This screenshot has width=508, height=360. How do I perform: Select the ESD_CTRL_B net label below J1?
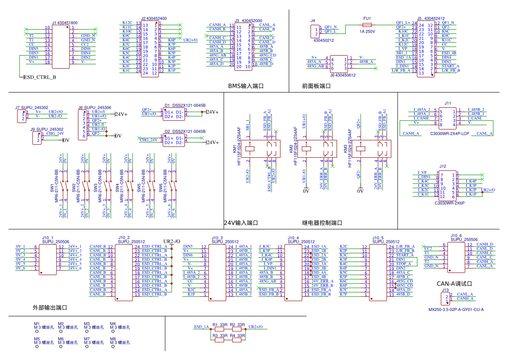[40, 77]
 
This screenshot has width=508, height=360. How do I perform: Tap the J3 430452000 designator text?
[248, 20]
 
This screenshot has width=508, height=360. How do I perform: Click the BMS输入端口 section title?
[246, 86]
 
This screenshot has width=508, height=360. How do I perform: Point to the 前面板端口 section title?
[316, 86]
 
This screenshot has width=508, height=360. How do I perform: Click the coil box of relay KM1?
[251, 148]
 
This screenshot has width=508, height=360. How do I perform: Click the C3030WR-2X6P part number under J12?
[449, 203]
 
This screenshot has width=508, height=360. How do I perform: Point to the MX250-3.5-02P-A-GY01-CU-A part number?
[456, 310]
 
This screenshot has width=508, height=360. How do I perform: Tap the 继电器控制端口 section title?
[322, 223]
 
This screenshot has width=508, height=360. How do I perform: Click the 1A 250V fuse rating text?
[367, 32]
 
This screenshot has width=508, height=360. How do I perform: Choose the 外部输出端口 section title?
[50, 307]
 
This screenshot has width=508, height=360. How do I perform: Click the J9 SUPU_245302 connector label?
[47, 129]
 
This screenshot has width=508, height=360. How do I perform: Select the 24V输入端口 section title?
[241, 223]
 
